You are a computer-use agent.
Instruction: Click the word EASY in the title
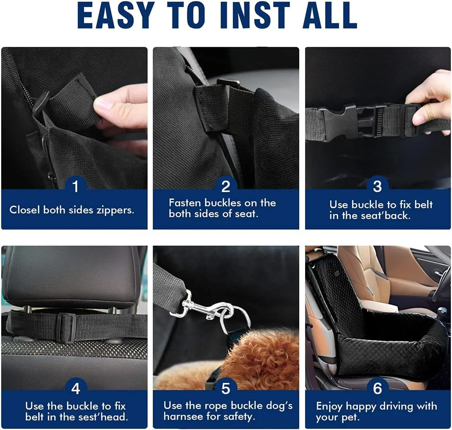click(x=116, y=15)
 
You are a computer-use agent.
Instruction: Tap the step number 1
click(x=76, y=186)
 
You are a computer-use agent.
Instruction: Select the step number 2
click(x=226, y=186)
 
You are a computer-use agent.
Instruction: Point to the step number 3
click(x=377, y=186)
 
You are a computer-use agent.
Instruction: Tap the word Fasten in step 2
click(x=185, y=203)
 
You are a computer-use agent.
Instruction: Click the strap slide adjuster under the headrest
click(x=66, y=327)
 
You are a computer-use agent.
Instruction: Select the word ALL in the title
click(x=330, y=15)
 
